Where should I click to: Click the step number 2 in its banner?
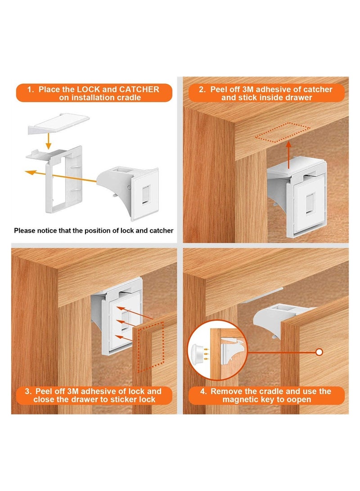point(203,90)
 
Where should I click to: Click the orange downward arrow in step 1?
point(49,143)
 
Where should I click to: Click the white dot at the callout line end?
point(320,352)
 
